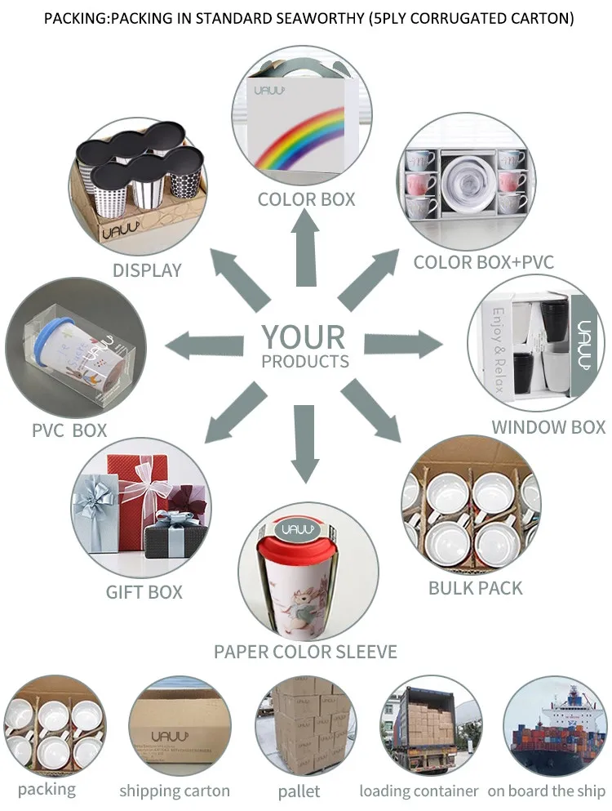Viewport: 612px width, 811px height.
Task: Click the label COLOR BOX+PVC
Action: [483, 262]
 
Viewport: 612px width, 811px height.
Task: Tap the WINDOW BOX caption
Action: [548, 426]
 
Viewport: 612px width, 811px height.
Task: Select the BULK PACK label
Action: [475, 587]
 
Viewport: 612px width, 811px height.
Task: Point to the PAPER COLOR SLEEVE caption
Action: [305, 651]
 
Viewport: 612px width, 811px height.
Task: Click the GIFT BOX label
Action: [144, 591]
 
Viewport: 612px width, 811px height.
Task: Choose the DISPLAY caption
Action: [147, 270]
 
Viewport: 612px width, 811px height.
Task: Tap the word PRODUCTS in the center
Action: [305, 361]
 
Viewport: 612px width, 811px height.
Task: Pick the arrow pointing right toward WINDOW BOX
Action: [405, 344]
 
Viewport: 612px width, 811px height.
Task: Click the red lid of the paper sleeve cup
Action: [304, 531]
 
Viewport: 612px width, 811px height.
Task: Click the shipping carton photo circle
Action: [175, 723]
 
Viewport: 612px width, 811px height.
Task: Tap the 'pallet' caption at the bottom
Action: [299, 791]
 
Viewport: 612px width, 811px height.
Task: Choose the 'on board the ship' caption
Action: [547, 791]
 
